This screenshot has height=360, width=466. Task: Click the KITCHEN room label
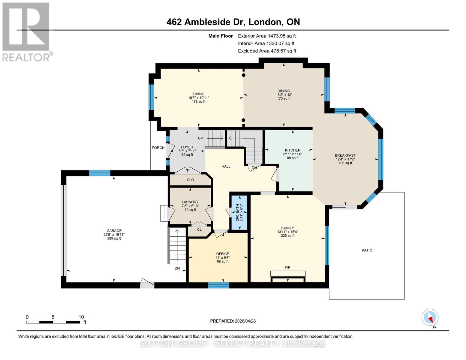coord(293,150)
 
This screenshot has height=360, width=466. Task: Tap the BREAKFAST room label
coord(345,155)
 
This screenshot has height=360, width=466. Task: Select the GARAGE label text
coord(114,231)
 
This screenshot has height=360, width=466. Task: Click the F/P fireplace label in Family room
coord(287,267)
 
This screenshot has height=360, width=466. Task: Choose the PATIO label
coord(367,250)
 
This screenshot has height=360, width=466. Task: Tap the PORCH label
coord(158,148)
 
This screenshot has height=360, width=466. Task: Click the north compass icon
coord(430,318)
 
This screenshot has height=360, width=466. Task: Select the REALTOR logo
coord(26,31)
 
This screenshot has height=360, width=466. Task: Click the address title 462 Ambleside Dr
coord(233,22)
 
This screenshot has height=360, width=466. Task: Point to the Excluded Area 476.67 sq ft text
coord(267,51)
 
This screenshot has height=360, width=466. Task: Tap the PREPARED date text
coord(233,321)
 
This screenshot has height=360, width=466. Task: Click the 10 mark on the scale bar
coord(81,317)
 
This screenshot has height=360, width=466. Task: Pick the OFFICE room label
coord(222,254)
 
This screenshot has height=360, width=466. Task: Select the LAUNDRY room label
coord(190,202)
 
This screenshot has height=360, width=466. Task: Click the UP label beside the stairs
coord(200,138)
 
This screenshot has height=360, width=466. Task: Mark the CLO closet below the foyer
coord(190,180)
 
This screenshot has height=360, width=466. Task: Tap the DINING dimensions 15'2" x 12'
coord(284,95)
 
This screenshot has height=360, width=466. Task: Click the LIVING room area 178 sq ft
coord(198,102)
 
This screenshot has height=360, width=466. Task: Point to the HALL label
coord(226,166)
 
